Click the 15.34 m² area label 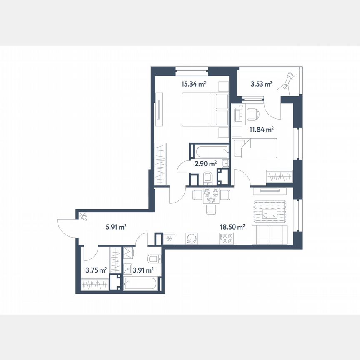point(194,84)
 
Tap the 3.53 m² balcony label point(261,84)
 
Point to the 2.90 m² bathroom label point(205,164)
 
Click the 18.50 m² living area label point(232,227)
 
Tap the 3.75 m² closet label point(96,270)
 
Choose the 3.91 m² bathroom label point(142,270)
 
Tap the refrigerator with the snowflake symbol point(169,239)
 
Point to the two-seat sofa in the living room point(271,236)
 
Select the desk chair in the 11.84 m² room point(252,114)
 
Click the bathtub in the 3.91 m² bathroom point(142,285)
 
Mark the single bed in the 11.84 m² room point(254,148)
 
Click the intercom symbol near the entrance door point(84,216)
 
